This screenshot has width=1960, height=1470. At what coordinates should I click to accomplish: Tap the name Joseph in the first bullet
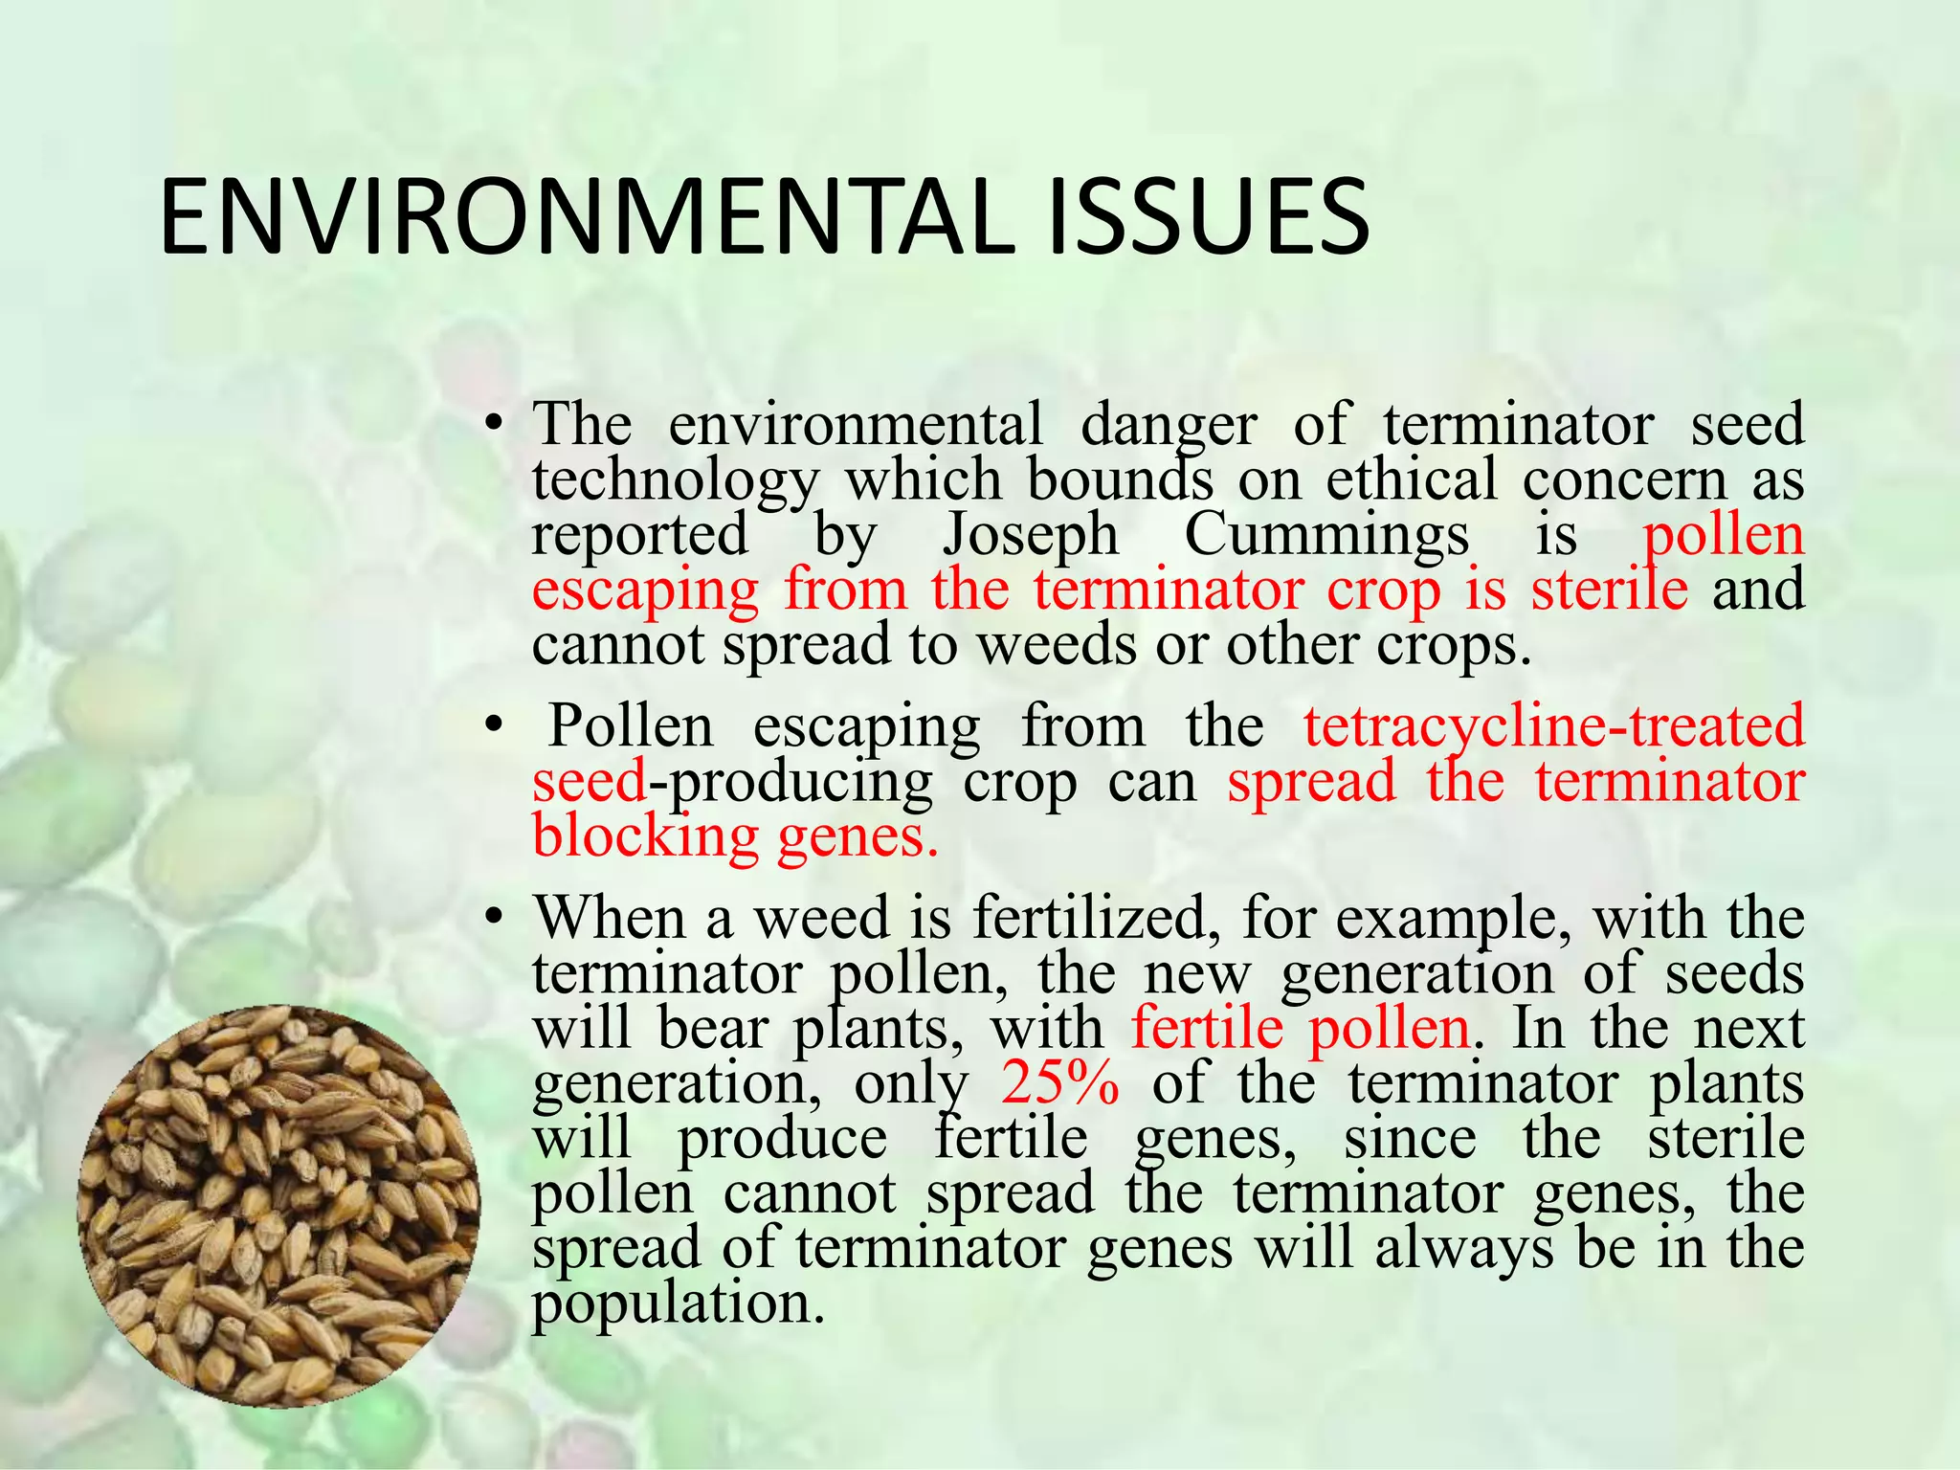point(1031,534)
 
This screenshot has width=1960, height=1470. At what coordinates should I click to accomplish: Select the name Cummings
point(1326,534)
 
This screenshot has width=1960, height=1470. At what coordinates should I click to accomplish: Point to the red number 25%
point(1060,1083)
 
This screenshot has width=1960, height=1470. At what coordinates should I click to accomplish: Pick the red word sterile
point(1610,589)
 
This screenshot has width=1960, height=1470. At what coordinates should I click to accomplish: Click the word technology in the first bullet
point(676,479)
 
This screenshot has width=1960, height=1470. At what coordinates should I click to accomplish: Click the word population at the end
point(678,1303)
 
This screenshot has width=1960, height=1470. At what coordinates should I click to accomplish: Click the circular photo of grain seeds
point(278,1206)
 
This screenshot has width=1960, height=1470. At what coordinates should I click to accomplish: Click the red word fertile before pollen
point(1207,1029)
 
